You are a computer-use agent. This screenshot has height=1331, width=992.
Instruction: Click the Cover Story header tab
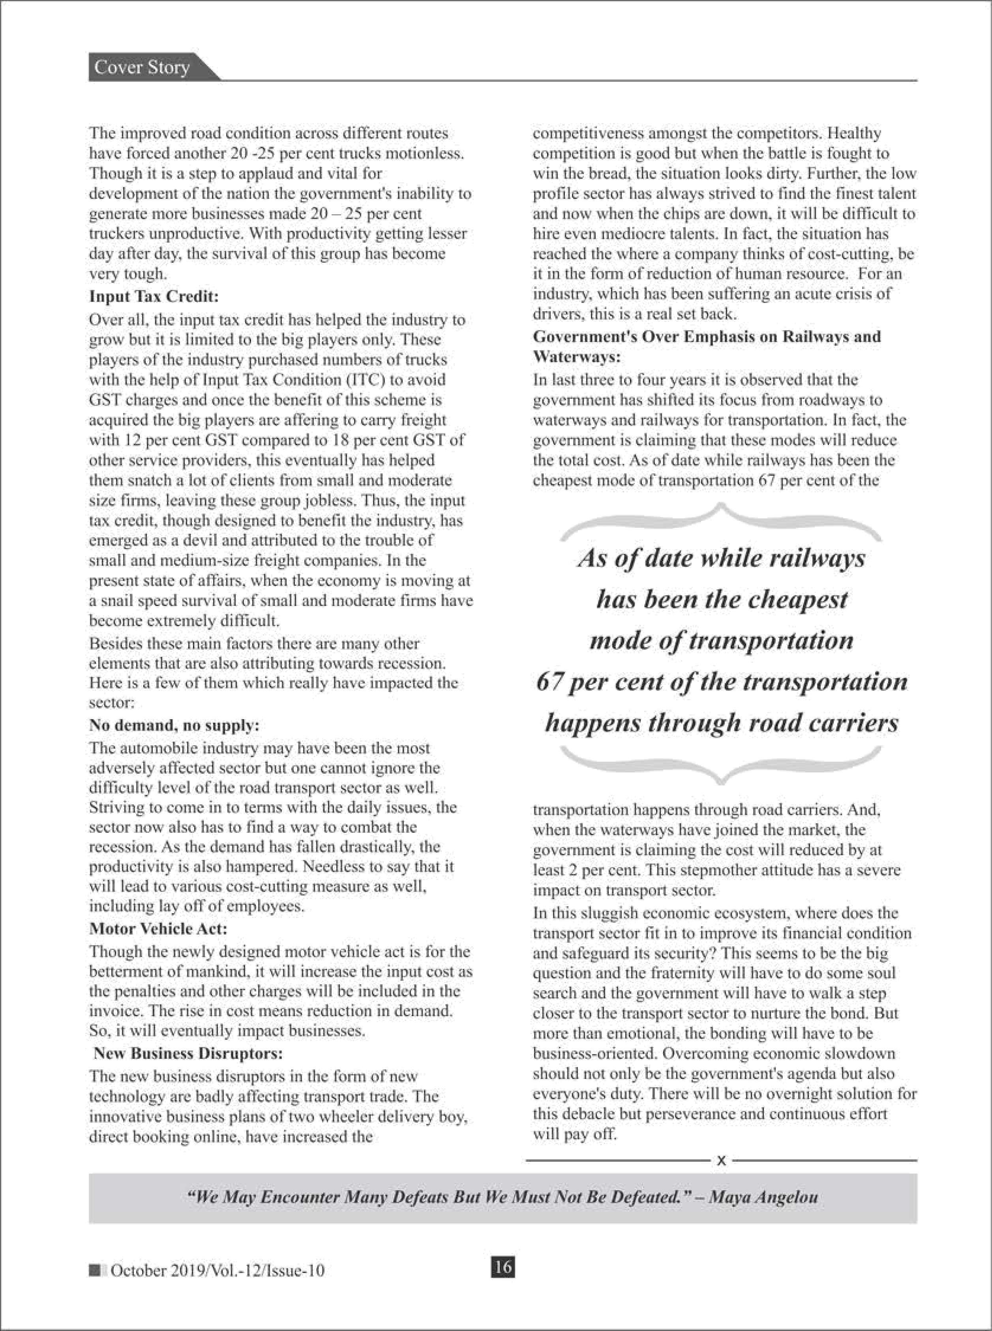[143, 67]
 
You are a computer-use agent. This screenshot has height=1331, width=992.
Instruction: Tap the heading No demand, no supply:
[174, 725]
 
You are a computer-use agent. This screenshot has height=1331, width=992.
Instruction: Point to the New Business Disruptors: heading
[188, 1053]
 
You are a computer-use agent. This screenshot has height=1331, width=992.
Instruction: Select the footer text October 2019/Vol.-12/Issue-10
[218, 1270]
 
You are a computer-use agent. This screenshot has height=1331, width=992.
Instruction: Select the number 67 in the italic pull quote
[549, 682]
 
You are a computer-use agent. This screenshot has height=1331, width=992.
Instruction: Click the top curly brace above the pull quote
[721, 520]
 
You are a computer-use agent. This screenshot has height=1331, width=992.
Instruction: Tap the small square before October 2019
[95, 1270]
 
